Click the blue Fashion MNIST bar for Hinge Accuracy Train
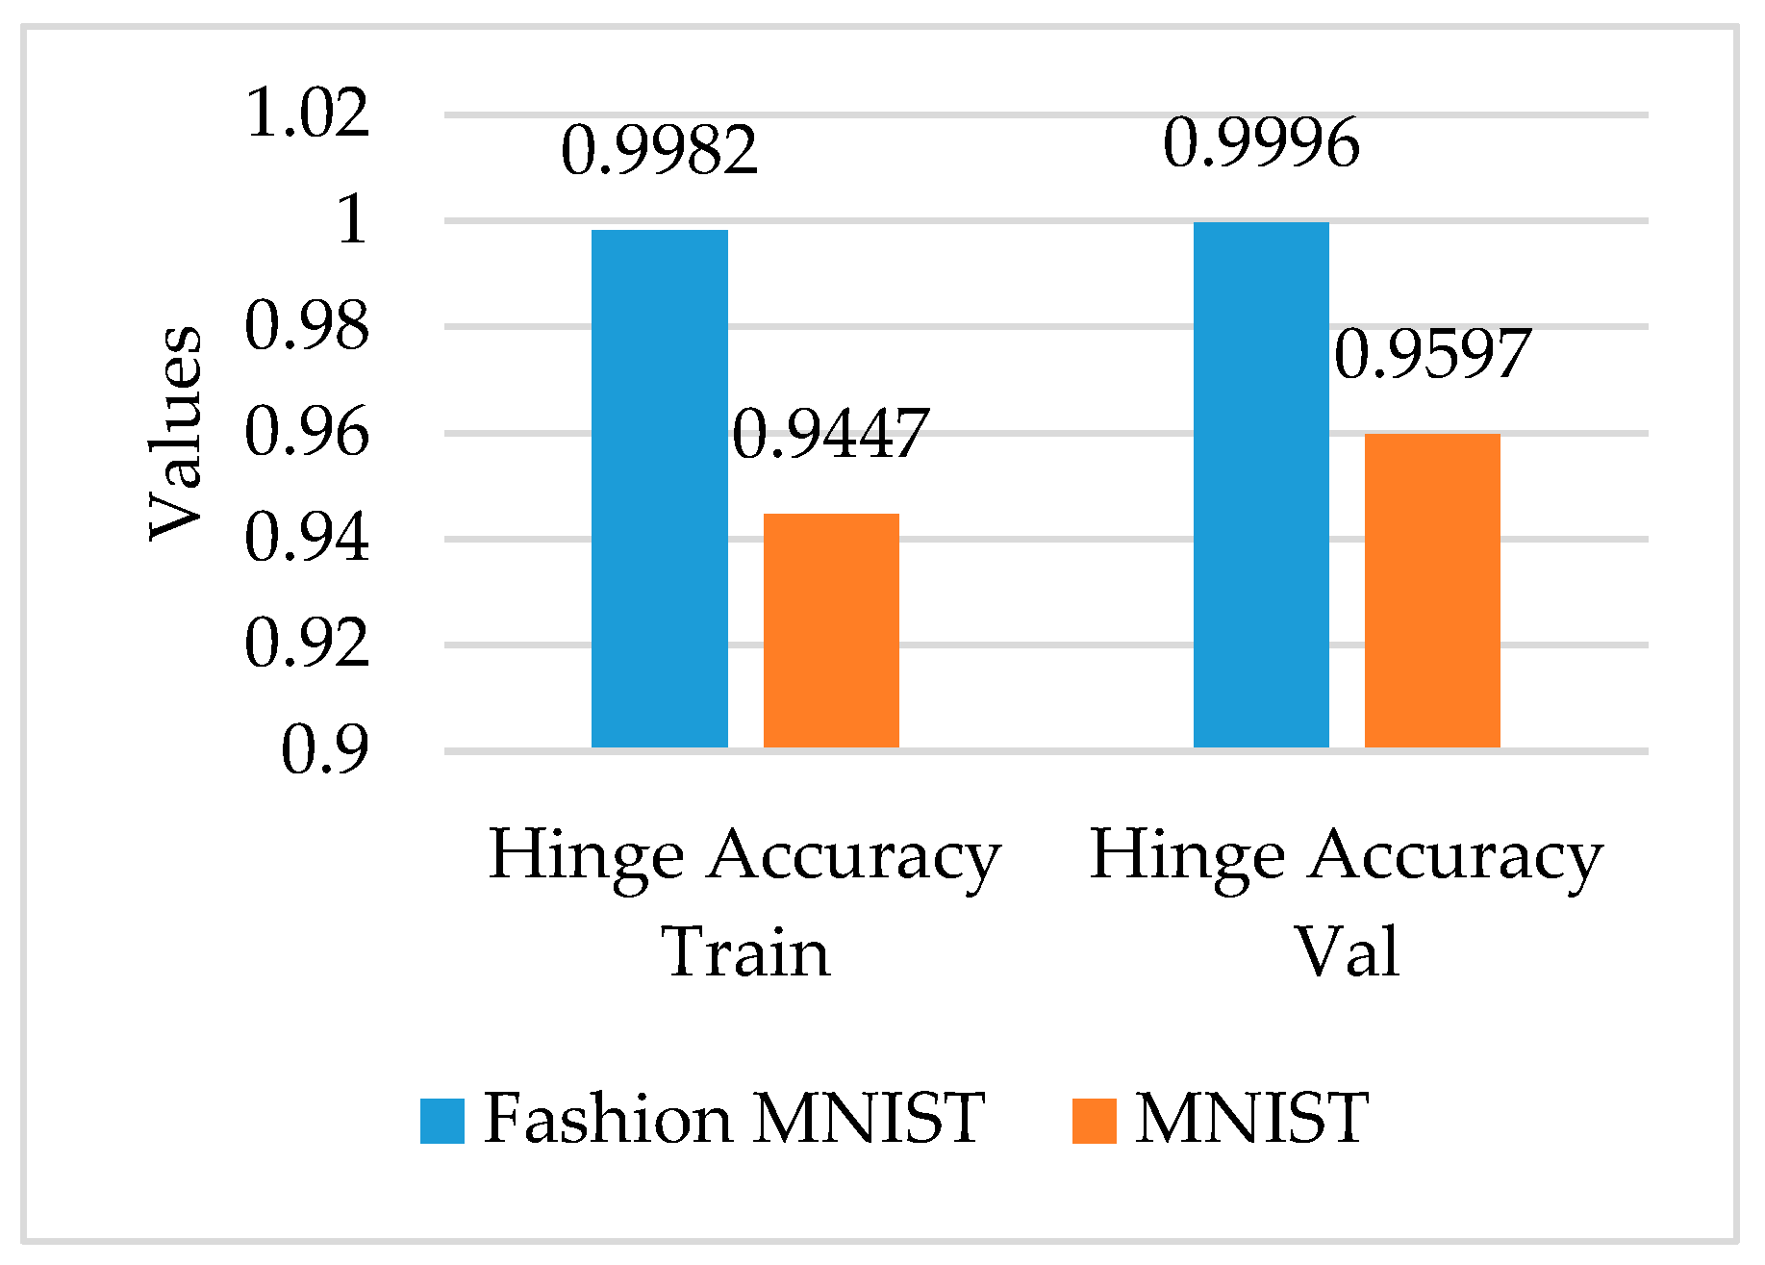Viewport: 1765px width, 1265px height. [659, 489]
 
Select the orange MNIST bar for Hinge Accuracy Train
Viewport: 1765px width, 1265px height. [831, 630]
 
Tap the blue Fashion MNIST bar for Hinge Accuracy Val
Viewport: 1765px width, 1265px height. [1261, 485]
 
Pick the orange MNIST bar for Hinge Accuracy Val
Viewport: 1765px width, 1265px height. [1432, 591]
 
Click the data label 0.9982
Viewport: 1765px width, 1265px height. [660, 151]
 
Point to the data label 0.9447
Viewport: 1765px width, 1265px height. [831, 434]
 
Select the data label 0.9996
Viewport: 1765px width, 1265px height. [1262, 143]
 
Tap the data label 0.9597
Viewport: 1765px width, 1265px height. [1432, 354]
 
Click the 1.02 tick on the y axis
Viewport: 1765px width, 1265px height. [308, 113]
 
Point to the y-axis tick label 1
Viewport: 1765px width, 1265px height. [352, 219]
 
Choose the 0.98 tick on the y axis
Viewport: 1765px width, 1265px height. [308, 325]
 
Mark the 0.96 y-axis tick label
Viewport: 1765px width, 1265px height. [308, 432]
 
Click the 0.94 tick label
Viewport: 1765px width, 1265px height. [308, 538]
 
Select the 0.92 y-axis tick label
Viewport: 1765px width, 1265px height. [308, 644]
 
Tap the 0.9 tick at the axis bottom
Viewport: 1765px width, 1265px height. [325, 750]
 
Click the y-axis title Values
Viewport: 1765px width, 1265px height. [176, 433]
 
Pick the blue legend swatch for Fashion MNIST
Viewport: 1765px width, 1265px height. [442, 1121]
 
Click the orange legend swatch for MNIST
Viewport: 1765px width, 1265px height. [1095, 1121]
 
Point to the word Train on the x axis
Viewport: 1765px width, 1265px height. [745, 952]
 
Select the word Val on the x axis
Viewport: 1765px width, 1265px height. [1347, 952]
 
